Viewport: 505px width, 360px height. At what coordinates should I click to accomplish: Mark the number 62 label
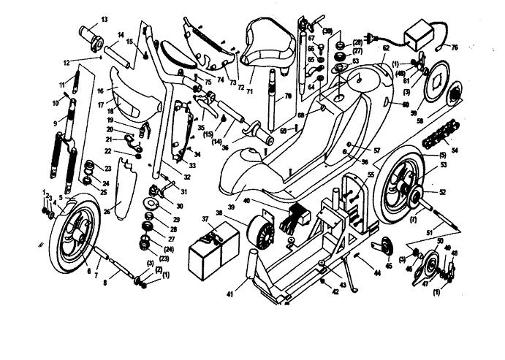(385, 49)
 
